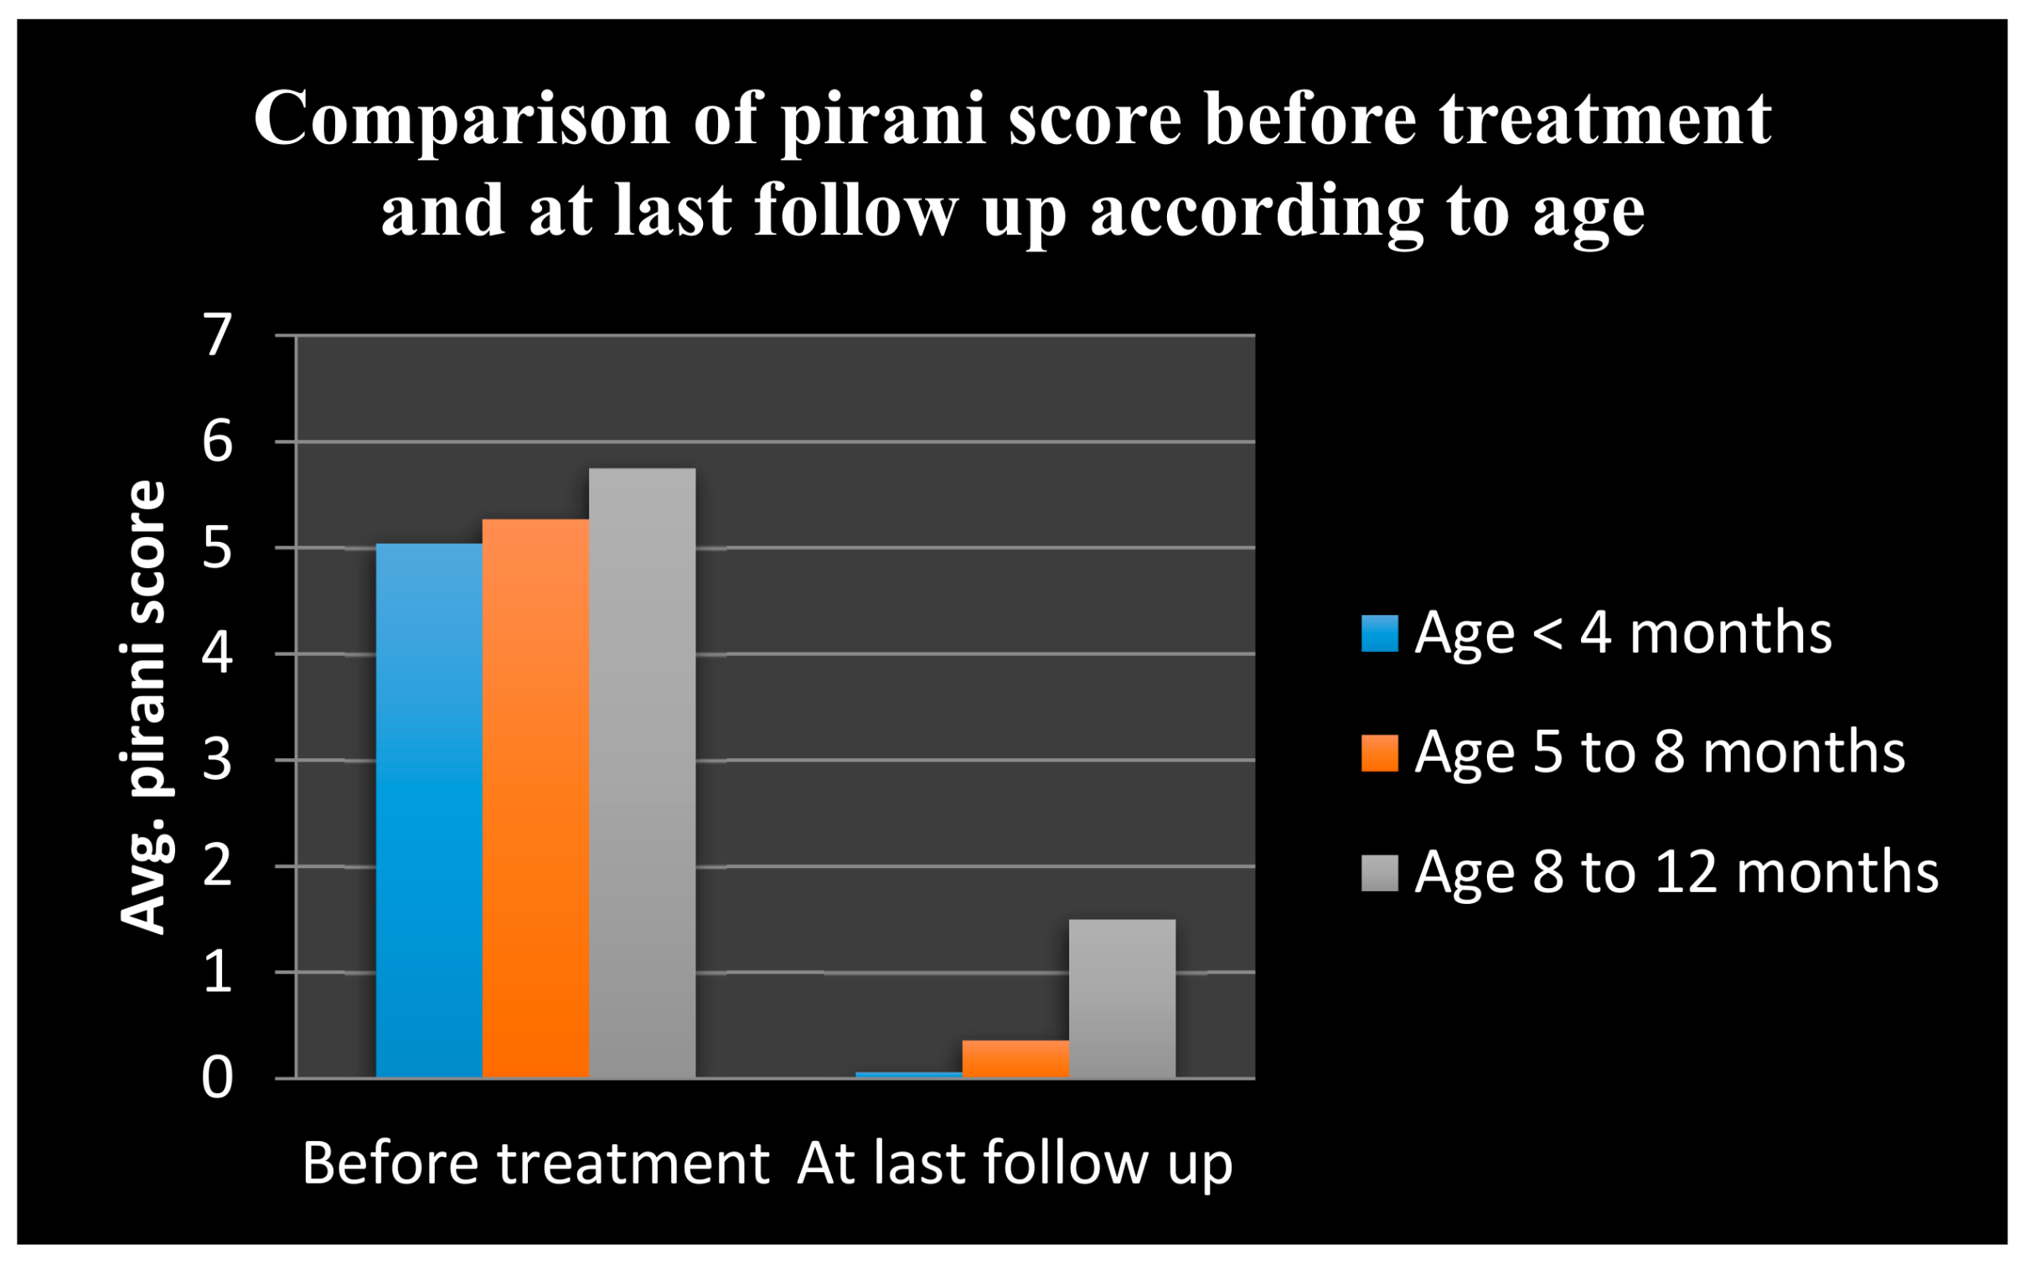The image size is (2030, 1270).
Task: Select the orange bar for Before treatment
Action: click(x=536, y=799)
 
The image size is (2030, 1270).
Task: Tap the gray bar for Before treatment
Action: click(x=643, y=773)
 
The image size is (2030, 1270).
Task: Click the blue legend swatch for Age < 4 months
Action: click(x=1380, y=633)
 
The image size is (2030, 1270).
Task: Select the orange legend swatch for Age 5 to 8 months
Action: click(x=1380, y=752)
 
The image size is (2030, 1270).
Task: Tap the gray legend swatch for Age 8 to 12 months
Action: click(x=1380, y=873)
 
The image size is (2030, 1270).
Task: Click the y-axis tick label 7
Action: click(x=218, y=335)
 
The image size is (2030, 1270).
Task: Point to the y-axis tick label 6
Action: click(x=218, y=441)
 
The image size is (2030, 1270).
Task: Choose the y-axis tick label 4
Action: click(x=218, y=653)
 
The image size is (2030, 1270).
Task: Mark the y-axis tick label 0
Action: click(x=218, y=1078)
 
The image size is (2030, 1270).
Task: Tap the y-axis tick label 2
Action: click(x=218, y=866)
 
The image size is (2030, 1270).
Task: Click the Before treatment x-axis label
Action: click(x=536, y=1164)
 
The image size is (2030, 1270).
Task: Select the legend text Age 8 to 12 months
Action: click(x=1676, y=874)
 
